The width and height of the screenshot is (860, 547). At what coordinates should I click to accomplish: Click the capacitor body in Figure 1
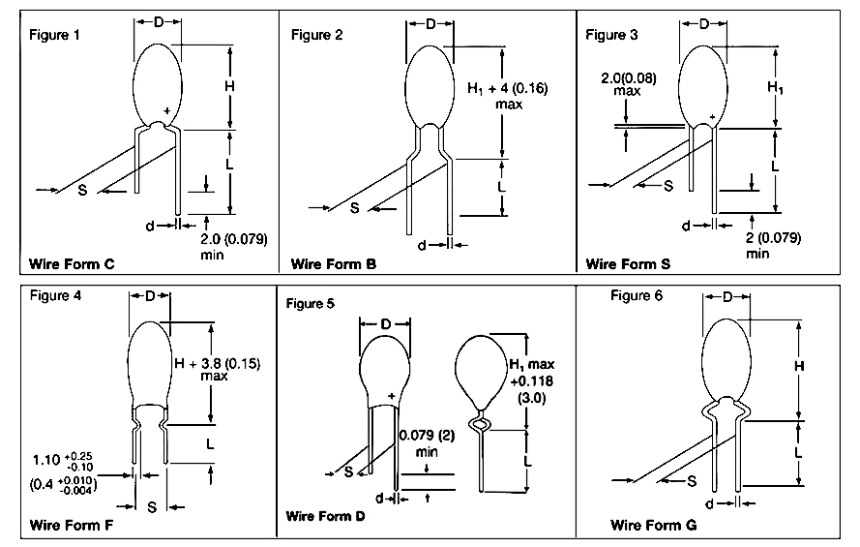pyautogui.click(x=157, y=82)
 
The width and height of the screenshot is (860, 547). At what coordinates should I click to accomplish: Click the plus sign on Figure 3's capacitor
pyautogui.click(x=712, y=116)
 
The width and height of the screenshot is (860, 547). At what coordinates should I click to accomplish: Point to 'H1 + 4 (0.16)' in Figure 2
pyautogui.click(x=507, y=88)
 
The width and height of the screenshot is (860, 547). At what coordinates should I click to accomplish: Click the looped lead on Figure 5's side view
pyautogui.click(x=479, y=423)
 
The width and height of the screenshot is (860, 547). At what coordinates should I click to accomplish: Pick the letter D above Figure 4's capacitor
pyautogui.click(x=151, y=296)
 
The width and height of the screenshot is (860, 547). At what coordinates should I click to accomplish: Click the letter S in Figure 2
pyautogui.click(x=354, y=208)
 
